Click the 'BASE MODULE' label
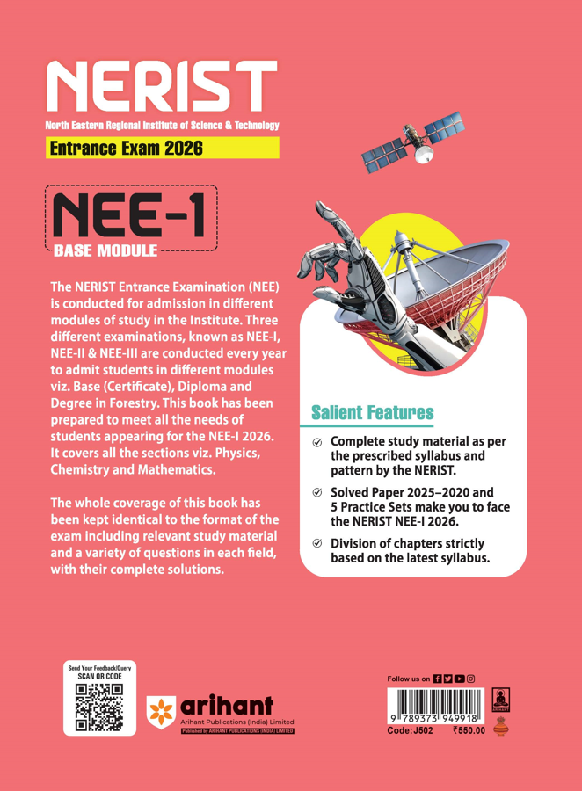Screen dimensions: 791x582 pos(105,251)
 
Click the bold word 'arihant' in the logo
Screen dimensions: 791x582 pos(229,702)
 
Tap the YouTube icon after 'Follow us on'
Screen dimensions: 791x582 pos(459,679)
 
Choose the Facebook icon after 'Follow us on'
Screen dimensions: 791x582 pos(438,679)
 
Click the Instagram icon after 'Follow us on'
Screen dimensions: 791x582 pos(470,679)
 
